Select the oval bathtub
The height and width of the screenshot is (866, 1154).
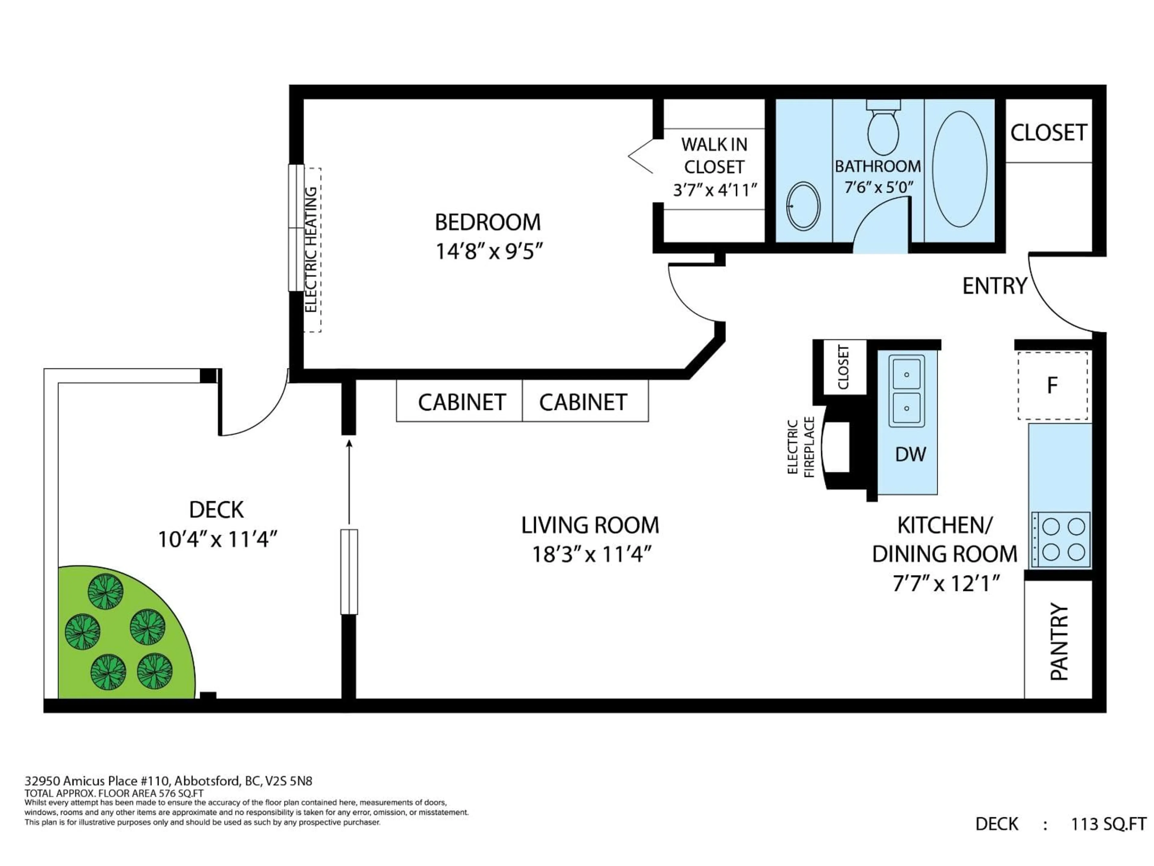pyautogui.click(x=959, y=169)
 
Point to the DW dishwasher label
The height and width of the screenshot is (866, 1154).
pyautogui.click(x=910, y=454)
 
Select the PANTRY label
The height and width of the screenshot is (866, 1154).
pyautogui.click(x=1059, y=642)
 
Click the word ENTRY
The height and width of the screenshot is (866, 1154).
pyautogui.click(x=994, y=286)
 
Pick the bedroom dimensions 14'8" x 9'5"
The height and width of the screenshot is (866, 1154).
pyautogui.click(x=489, y=252)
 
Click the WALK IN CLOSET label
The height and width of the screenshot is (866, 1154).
pyautogui.click(x=714, y=155)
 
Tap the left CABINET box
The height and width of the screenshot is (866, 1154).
pyautogui.click(x=459, y=401)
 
